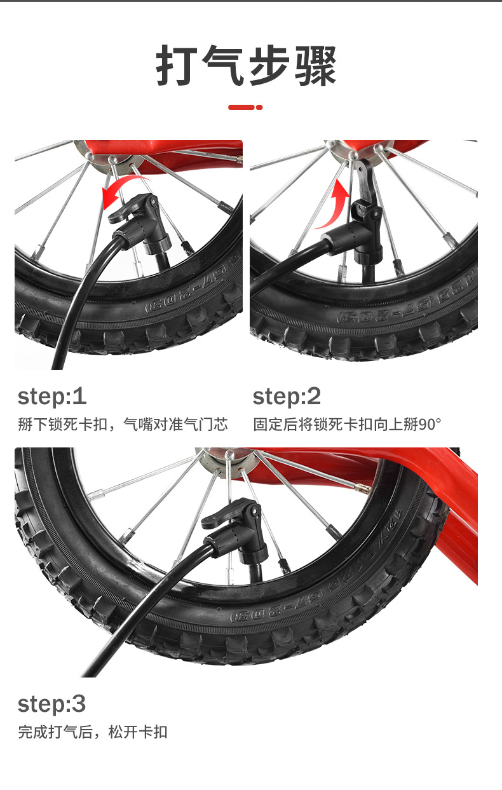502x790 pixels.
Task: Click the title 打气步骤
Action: coord(246,66)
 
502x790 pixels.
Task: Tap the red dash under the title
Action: coord(245,107)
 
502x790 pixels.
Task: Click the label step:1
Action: coord(52,397)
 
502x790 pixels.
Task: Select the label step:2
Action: coord(287,397)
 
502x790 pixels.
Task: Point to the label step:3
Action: coord(52,704)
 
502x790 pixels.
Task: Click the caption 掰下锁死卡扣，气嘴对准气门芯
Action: coord(123,424)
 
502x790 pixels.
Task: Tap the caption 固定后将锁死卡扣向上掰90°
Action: coord(347,424)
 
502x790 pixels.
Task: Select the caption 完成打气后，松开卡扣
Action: coord(93,732)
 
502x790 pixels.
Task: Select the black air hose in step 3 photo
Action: coord(141,606)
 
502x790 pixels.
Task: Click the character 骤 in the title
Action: coord(316,66)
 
